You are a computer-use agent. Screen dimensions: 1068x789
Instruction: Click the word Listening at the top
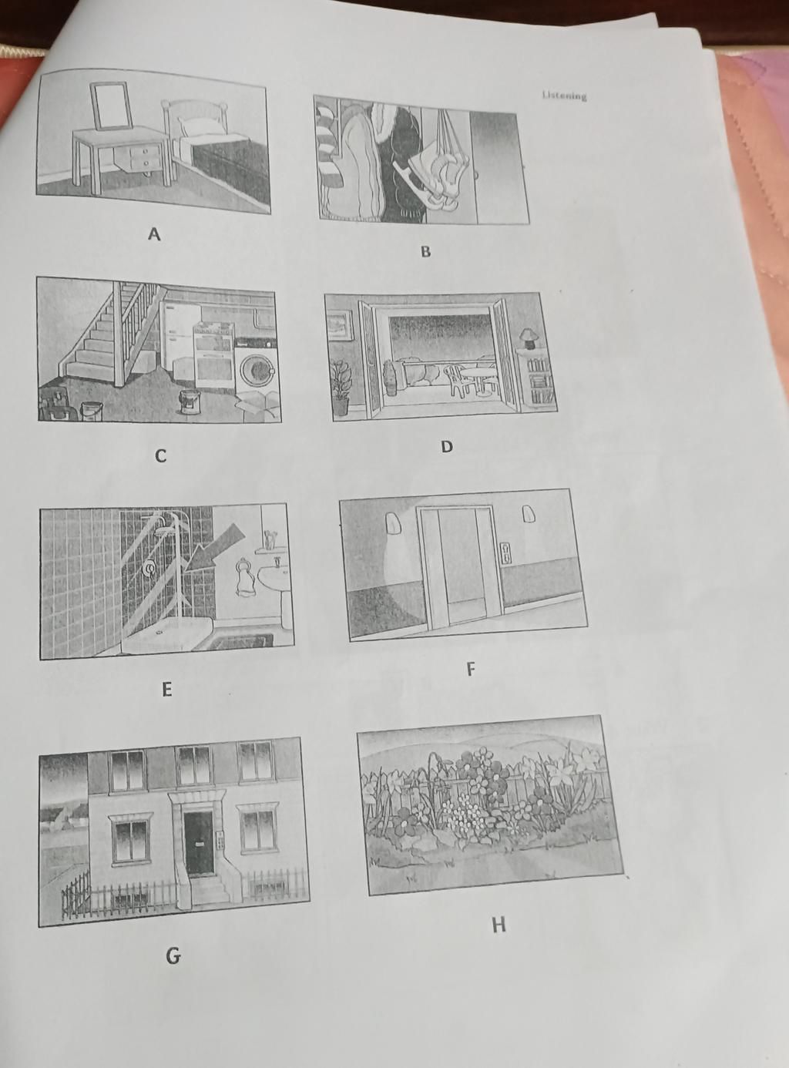[x=564, y=96]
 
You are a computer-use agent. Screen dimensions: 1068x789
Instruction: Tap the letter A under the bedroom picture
[x=154, y=234]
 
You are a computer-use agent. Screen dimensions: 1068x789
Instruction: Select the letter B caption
[x=425, y=251]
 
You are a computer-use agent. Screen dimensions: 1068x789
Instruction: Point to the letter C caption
[x=160, y=456]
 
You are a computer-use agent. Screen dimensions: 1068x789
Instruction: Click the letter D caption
[x=447, y=446]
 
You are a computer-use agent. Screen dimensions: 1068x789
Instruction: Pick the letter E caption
[x=166, y=689]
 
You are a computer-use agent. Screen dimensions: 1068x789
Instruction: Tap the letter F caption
[x=471, y=669]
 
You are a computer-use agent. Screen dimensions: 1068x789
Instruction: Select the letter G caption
[x=173, y=956]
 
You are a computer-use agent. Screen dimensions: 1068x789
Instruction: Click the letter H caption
[x=499, y=924]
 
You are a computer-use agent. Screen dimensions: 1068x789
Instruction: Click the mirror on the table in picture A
[x=111, y=106]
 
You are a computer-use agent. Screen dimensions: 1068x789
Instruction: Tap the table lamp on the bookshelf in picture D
[x=529, y=337]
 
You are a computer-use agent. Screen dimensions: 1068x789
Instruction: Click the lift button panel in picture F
[x=505, y=552]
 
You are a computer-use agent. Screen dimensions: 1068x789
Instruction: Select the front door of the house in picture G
[x=199, y=843]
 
